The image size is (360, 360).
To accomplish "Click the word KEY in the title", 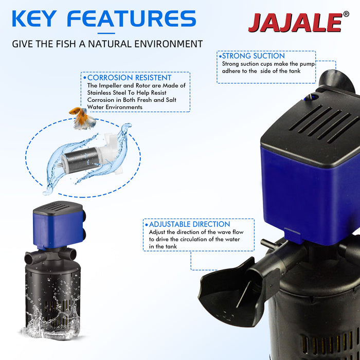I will (x=38, y=19).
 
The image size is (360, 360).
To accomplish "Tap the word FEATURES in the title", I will (x=132, y=19).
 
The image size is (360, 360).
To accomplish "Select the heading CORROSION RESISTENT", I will (x=129, y=78).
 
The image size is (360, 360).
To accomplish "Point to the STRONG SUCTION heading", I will (x=253, y=56).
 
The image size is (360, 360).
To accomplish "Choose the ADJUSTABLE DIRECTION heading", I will (x=189, y=224).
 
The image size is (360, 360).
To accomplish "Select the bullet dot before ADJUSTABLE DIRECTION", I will (x=146, y=225).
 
